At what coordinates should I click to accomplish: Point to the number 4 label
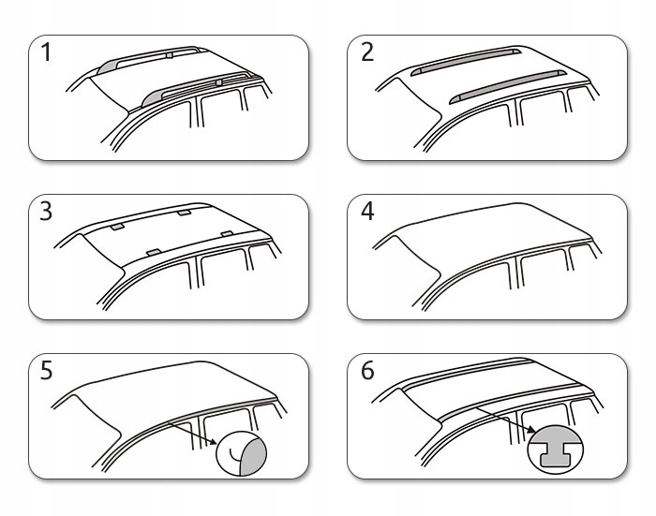click(367, 212)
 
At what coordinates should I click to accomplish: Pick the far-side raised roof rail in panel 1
click(150, 55)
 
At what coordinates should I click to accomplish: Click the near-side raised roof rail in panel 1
click(197, 87)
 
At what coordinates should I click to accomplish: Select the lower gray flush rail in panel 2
click(506, 83)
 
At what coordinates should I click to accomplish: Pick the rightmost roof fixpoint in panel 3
click(227, 232)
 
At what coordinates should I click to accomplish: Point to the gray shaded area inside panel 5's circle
click(254, 451)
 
